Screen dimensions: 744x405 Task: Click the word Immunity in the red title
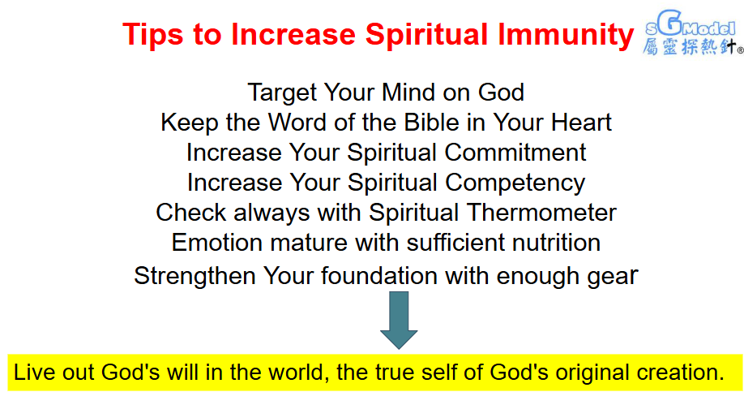(566, 36)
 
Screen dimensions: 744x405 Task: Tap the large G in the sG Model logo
(669, 22)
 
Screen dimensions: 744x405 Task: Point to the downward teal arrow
(399, 320)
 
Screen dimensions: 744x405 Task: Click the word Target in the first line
(282, 93)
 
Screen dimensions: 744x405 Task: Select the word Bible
(431, 123)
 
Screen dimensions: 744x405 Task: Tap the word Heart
(581, 123)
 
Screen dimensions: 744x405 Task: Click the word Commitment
(515, 153)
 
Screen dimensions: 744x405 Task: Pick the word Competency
(515, 183)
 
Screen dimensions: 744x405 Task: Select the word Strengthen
(195, 277)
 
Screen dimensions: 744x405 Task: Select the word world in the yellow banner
(299, 373)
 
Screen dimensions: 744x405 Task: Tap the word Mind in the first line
(408, 93)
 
